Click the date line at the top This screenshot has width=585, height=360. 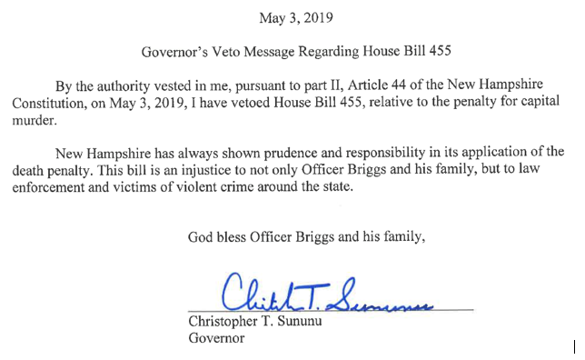pyautogui.click(x=298, y=16)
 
